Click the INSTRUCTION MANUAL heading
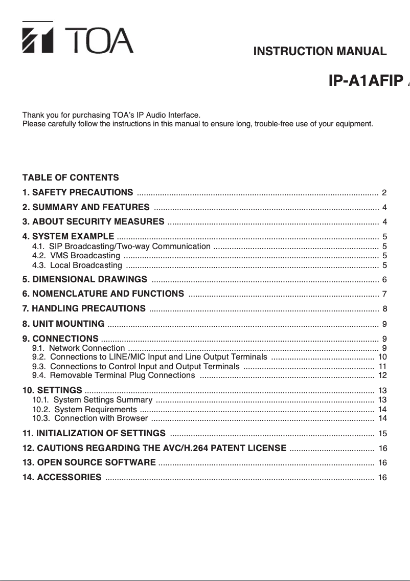[x=320, y=51]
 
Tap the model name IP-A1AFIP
[x=366, y=82]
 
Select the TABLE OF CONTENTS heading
[x=71, y=178]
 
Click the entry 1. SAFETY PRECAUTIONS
[x=78, y=193]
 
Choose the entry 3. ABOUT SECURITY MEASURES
[x=93, y=222]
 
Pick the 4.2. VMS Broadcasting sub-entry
[x=76, y=256]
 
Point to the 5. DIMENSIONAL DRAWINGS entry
[x=85, y=280]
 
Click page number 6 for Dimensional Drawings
[x=384, y=280]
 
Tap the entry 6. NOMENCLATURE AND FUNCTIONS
[x=103, y=294]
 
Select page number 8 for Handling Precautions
[x=384, y=308]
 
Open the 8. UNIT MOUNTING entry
[x=63, y=324]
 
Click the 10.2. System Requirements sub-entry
[x=84, y=410]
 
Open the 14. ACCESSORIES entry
[x=62, y=478]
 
